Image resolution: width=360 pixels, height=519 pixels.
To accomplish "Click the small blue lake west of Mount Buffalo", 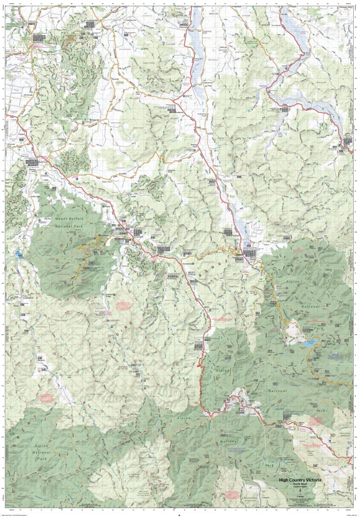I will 19,254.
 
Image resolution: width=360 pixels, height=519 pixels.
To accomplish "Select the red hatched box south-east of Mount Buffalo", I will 122,305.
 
